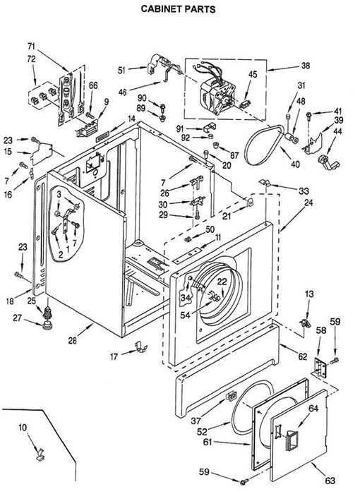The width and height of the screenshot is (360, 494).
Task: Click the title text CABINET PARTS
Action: tap(178, 8)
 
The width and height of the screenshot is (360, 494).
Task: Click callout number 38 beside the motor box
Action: tap(306, 66)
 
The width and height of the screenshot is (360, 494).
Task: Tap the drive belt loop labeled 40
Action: tap(265, 145)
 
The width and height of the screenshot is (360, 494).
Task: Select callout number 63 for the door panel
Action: tap(330, 481)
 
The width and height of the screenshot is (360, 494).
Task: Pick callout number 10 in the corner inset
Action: tap(23, 428)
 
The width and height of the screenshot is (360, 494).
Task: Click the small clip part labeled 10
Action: tap(40, 454)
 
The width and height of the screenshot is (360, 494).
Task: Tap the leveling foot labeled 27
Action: tap(47, 325)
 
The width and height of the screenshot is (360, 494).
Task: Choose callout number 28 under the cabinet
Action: tap(73, 341)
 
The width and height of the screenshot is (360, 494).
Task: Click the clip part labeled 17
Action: tap(141, 347)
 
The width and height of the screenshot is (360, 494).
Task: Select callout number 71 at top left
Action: tap(31, 47)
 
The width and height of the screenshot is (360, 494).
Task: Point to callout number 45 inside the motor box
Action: tap(253, 74)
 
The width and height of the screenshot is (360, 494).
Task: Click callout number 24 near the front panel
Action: tap(308, 203)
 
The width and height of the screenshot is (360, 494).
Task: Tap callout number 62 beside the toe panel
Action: tap(303, 356)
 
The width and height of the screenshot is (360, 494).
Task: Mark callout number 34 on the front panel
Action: tap(186, 297)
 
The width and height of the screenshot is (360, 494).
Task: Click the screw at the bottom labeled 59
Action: tap(244, 481)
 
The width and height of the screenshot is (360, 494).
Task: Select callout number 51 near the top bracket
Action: tap(122, 71)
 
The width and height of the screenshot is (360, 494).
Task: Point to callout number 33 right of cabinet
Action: tap(304, 191)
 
